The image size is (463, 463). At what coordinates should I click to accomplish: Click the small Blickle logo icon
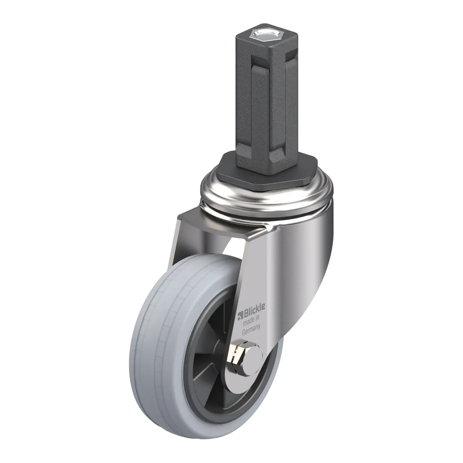(240, 316)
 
